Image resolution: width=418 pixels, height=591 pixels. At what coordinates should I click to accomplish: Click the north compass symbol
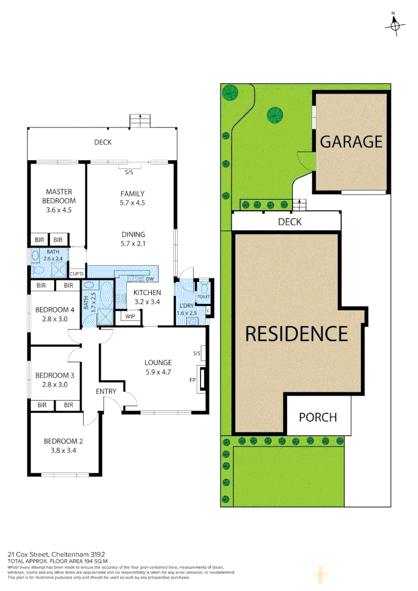pos(394,25)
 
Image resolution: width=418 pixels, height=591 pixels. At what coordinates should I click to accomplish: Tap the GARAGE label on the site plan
pos(351,142)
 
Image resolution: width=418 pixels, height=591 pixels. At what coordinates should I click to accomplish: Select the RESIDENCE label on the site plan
pos(296,333)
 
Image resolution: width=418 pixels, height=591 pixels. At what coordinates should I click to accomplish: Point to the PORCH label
pos(318,417)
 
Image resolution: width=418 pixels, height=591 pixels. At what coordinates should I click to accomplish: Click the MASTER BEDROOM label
pos(59,196)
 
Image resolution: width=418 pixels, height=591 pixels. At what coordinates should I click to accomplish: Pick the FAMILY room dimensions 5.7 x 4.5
pos(133,202)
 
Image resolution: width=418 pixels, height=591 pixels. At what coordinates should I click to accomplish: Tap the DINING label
pos(133,234)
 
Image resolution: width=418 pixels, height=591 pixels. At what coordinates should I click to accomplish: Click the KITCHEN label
pos(147,293)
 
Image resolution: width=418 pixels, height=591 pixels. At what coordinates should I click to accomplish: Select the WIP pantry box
pos(130,316)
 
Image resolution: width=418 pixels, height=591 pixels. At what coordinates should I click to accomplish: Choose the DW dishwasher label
pos(149,278)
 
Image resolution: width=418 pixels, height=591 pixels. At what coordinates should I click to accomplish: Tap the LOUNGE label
pos(158,362)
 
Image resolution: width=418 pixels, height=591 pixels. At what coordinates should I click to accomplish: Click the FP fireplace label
pos(193,379)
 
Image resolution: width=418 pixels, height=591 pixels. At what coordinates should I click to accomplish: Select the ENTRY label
pos(106,391)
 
